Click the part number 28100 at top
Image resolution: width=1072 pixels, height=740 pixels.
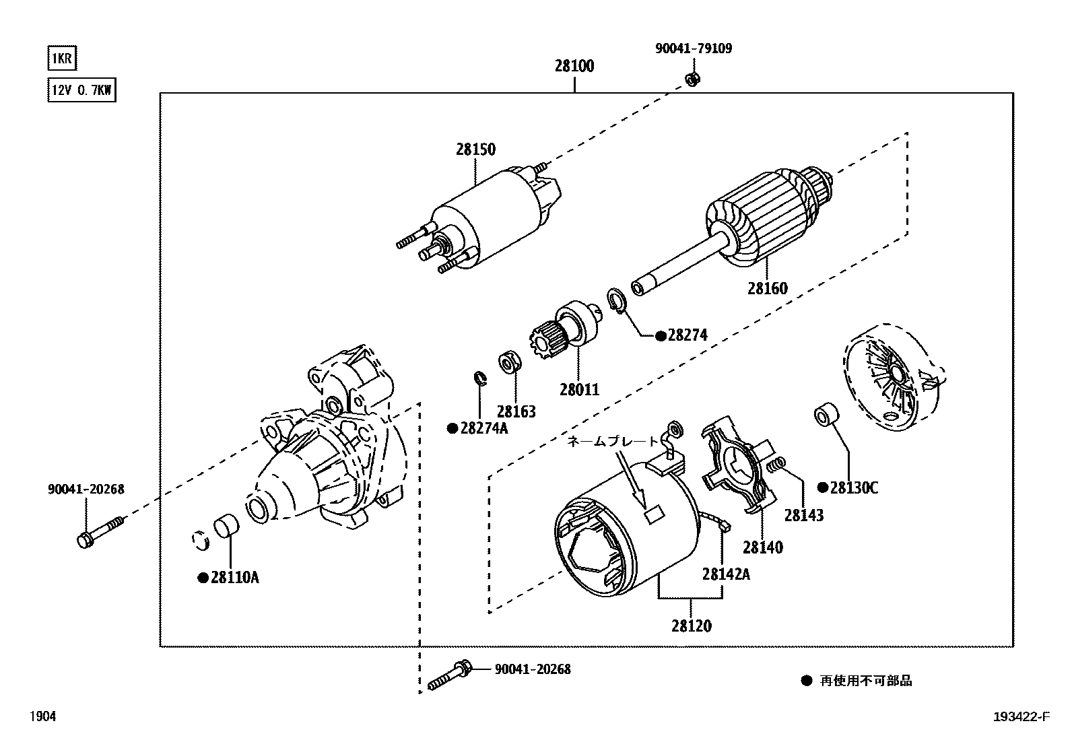[x=574, y=67]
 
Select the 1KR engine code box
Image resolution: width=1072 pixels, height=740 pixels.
[x=61, y=59]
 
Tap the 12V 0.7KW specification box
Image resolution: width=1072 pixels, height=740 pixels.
[x=81, y=90]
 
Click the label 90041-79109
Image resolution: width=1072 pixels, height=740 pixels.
[x=693, y=48]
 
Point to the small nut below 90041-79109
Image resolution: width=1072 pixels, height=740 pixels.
[x=691, y=79]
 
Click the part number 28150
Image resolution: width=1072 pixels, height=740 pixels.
[x=475, y=149]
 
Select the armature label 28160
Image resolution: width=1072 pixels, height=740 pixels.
[x=767, y=288]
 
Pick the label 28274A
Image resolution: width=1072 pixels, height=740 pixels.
[x=483, y=428]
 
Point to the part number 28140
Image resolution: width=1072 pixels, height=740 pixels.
[x=763, y=547]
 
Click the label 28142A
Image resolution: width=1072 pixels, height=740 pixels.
[x=726, y=574]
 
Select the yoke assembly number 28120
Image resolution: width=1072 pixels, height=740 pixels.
[x=691, y=626]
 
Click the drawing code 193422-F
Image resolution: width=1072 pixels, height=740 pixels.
[x=1021, y=717]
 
